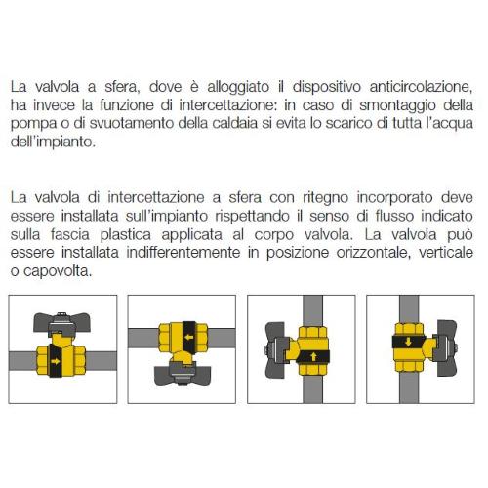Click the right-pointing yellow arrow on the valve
coord(56,361)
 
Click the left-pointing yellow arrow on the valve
coord(189,338)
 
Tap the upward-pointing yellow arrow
coord(313,356)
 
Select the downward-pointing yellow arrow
coord(408,342)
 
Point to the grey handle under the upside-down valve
coord(183,374)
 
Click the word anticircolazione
coord(421,87)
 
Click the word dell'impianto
coord(53,142)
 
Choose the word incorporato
coord(394,198)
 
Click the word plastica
coord(126,235)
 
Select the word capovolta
coord(58,271)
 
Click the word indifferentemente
coord(183,253)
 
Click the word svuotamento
coord(132,123)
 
